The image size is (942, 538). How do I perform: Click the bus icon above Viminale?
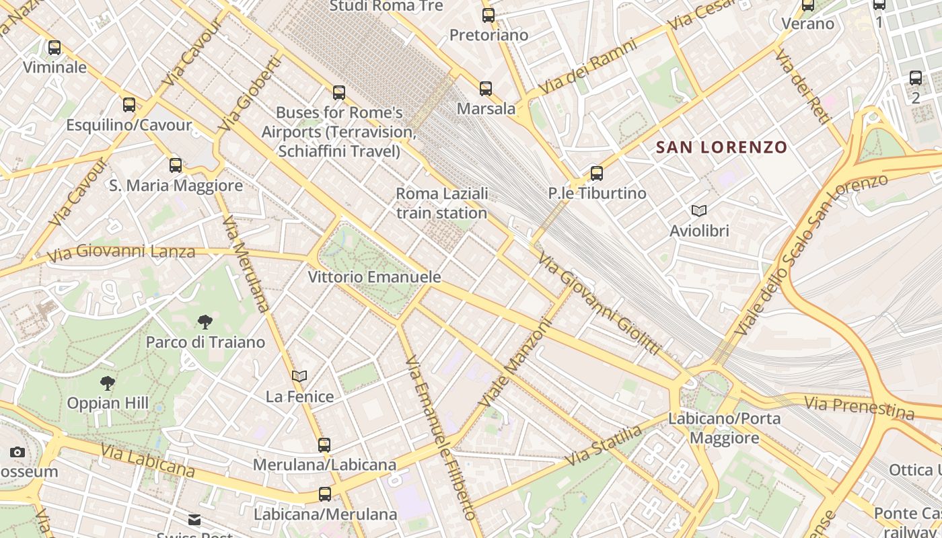55,48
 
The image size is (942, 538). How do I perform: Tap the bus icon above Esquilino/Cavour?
129,105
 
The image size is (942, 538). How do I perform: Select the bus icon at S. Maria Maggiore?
176,165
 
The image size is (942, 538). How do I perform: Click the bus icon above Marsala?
486,88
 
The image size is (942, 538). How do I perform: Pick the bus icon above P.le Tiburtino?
596,174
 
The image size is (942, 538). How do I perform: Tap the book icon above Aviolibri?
699,211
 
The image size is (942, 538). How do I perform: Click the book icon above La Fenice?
299,377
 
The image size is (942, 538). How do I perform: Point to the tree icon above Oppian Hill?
107,383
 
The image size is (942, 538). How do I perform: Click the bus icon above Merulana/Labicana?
324,445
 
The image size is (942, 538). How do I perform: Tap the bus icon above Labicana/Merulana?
325,494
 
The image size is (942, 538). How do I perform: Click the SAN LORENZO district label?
721,147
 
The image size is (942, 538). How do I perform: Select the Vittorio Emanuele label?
374,277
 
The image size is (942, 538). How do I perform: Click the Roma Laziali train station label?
441,203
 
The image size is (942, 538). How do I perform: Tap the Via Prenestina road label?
859,406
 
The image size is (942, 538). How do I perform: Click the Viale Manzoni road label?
515,362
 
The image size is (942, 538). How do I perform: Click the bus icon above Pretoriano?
488,15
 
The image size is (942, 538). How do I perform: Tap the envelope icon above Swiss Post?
194,519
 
